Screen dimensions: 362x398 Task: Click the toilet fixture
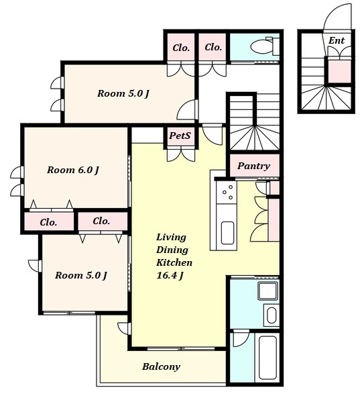[265, 46]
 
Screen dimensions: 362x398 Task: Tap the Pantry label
[254, 166]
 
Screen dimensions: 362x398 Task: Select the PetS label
[180, 136]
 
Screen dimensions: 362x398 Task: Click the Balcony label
[162, 366]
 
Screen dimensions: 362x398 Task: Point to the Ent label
[337, 40]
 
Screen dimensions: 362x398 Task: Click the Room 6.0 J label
[73, 170]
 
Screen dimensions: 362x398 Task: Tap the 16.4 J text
[170, 275]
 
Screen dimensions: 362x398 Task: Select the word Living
[172, 238]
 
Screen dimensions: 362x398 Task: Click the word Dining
[172, 250]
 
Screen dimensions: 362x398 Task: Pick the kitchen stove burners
[227, 192]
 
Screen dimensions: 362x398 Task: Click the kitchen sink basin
[227, 233]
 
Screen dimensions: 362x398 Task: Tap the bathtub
[267, 358]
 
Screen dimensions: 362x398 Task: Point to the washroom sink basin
[271, 315]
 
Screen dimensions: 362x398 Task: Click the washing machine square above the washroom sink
[267, 291]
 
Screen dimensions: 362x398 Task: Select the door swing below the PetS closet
[181, 155]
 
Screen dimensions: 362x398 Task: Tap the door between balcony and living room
[125, 328]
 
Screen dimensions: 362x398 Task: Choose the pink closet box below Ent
[340, 71]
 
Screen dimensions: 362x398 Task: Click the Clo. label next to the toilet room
[213, 47]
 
